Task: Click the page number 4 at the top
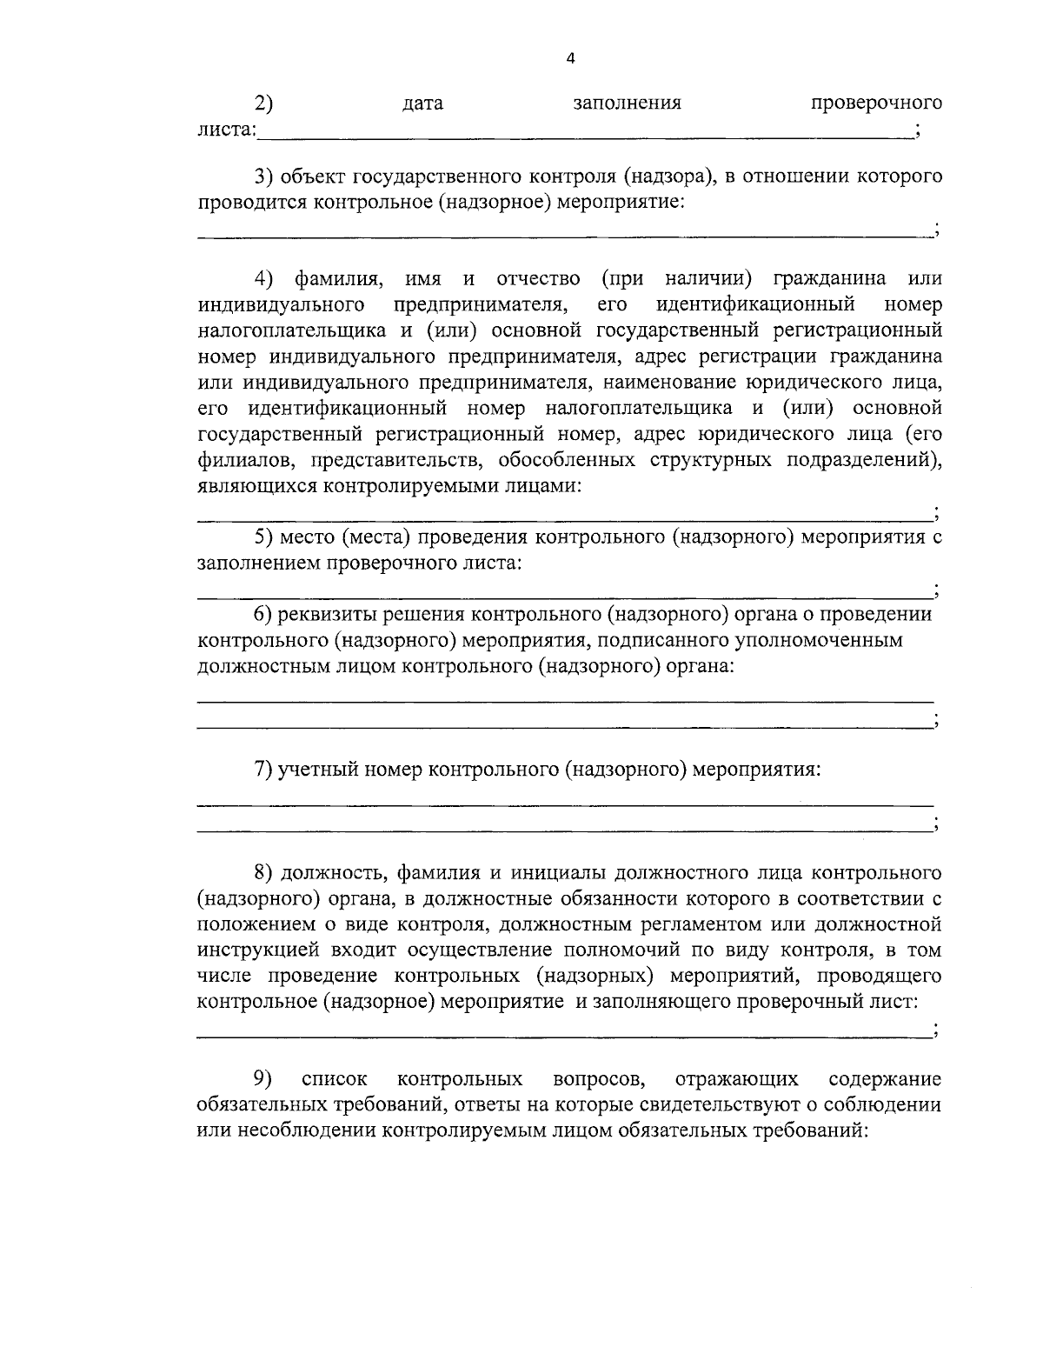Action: (x=570, y=59)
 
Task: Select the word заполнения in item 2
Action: (x=627, y=103)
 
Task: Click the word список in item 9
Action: (x=334, y=1079)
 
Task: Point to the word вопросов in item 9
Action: (x=599, y=1079)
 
